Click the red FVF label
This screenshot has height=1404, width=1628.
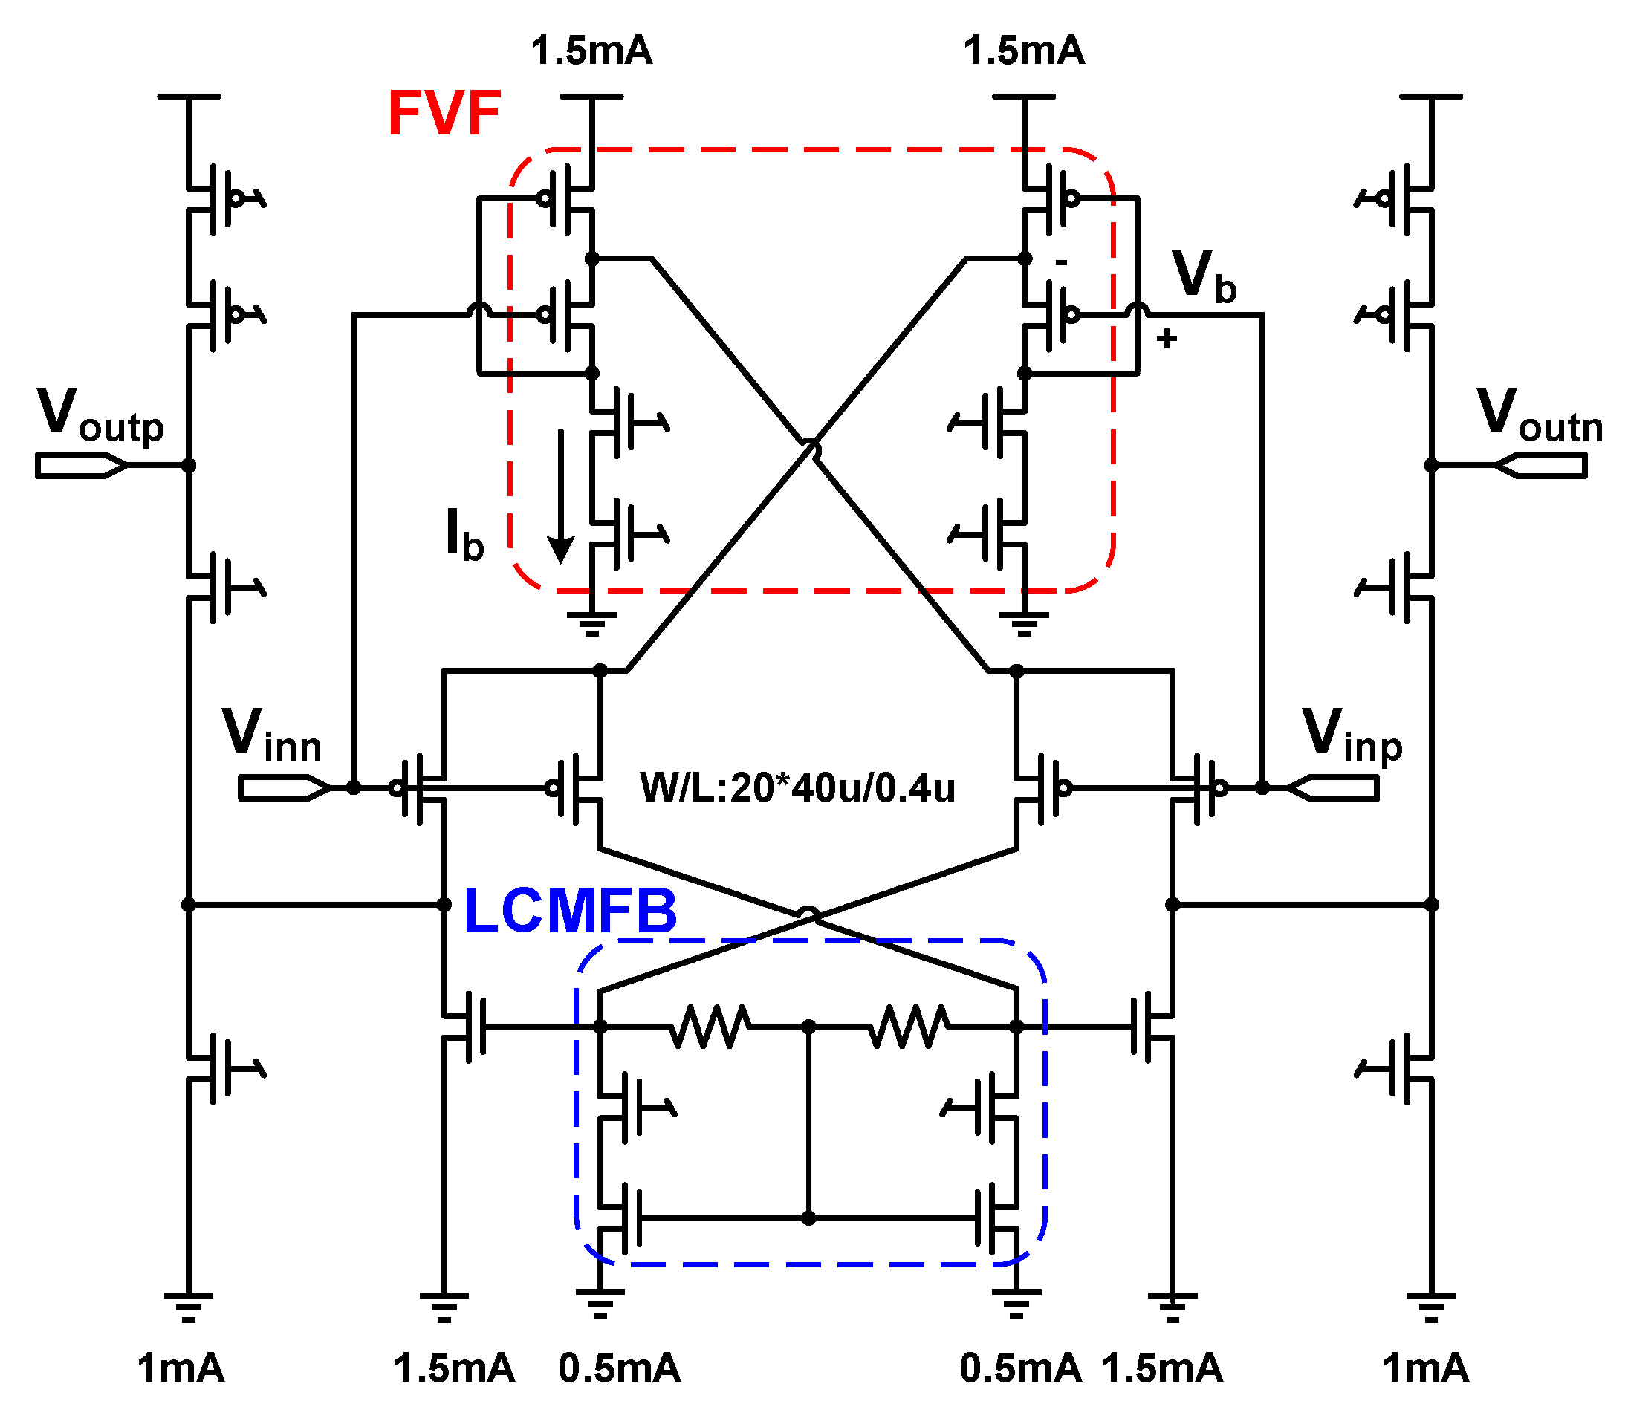(444, 114)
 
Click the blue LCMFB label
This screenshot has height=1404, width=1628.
(571, 911)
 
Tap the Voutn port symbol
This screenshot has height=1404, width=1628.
(1540, 466)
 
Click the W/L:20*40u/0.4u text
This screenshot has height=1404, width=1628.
(797, 787)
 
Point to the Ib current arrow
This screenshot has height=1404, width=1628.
(561, 495)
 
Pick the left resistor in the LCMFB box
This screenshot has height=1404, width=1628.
(710, 1026)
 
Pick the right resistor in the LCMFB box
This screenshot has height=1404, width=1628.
(908, 1026)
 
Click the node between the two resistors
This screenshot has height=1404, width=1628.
(808, 1026)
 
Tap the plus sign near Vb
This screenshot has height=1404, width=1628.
(1167, 339)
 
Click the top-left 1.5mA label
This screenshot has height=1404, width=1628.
(591, 51)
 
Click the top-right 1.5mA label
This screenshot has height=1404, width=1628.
(1024, 51)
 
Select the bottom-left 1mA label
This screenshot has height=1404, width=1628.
(181, 1368)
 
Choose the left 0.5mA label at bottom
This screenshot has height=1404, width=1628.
(619, 1368)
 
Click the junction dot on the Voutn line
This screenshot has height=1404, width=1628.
(1432, 465)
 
